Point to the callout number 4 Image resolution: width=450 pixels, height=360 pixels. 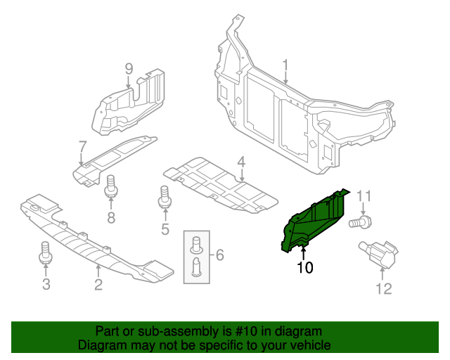[x=241, y=162]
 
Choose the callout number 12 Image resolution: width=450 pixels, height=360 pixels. [x=384, y=288]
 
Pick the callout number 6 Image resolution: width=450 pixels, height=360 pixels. [x=219, y=254]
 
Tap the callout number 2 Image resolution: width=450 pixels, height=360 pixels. [x=98, y=284]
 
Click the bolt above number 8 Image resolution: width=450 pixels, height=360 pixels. [x=110, y=189]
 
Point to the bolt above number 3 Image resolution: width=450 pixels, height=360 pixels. [x=46, y=255]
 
